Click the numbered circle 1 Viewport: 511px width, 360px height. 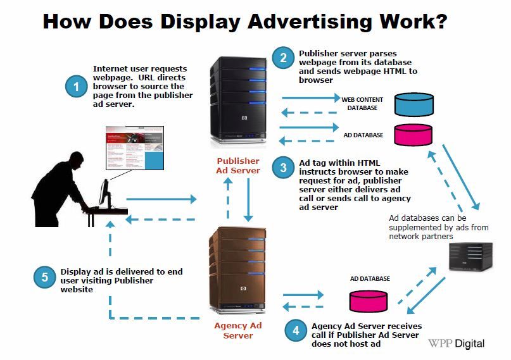(77, 87)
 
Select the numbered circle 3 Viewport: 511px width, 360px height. (284, 168)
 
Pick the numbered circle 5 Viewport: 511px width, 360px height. (44, 276)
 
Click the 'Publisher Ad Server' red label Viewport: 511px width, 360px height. (239, 166)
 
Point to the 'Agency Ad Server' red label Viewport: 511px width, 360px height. (238, 330)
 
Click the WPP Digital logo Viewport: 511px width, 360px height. (456, 344)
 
